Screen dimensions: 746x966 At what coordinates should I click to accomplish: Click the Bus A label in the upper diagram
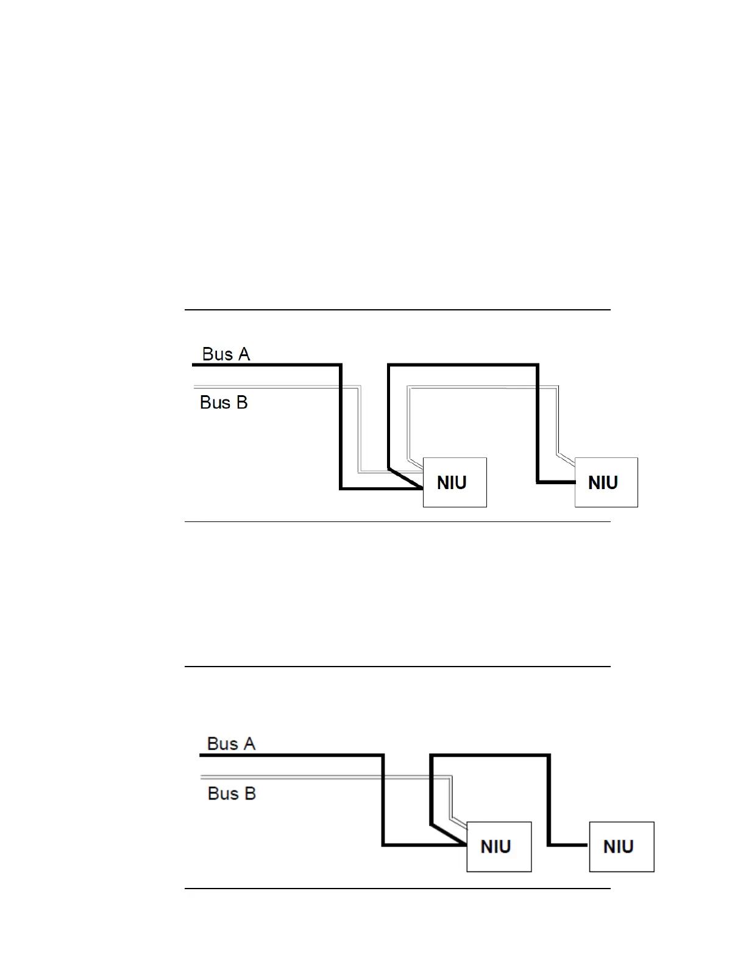pyautogui.click(x=226, y=354)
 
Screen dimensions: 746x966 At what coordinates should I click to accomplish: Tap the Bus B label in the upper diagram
pyautogui.click(x=224, y=402)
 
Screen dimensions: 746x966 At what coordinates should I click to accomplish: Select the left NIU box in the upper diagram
pyautogui.click(x=455, y=482)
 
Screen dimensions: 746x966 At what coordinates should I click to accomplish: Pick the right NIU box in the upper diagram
pyautogui.click(x=606, y=482)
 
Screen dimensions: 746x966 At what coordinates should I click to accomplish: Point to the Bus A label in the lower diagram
pyautogui.click(x=231, y=744)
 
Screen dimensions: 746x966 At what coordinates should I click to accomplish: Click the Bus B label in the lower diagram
pyautogui.click(x=232, y=793)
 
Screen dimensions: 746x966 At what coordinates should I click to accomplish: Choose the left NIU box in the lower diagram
pyautogui.click(x=499, y=846)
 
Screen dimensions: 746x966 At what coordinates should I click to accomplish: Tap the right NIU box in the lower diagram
pyautogui.click(x=621, y=846)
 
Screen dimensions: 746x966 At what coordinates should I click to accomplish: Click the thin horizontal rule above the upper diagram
pyautogui.click(x=397, y=310)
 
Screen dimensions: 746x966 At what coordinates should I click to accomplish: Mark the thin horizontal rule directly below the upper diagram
pyautogui.click(x=397, y=522)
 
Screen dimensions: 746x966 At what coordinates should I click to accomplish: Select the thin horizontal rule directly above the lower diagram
pyautogui.click(x=397, y=667)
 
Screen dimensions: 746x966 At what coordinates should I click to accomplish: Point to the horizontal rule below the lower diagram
pyautogui.click(x=397, y=889)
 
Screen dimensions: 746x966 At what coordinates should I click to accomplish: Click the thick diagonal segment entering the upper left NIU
pyautogui.click(x=406, y=479)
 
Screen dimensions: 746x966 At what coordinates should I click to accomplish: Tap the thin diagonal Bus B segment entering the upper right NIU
pyautogui.click(x=566, y=457)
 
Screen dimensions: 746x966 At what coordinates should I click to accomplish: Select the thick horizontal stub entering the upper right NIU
pyautogui.click(x=556, y=482)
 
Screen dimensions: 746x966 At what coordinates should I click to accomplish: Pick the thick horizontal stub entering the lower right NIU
pyautogui.click(x=569, y=845)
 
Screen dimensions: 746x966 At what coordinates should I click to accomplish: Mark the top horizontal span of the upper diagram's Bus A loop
pyautogui.click(x=463, y=365)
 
